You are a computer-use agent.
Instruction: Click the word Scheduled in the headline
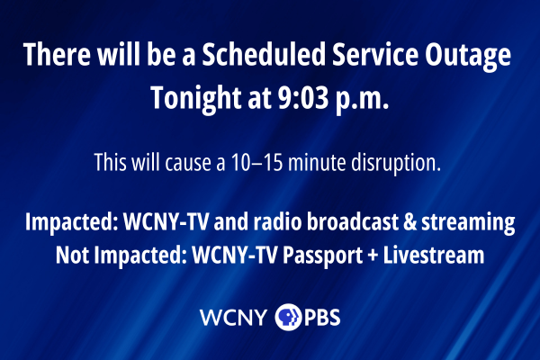pyautogui.click(x=264, y=54)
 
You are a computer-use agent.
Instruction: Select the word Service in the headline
pyautogui.click(x=375, y=54)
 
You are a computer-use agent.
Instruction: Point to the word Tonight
pyautogui.click(x=195, y=99)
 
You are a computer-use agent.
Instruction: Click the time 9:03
pyautogui.click(x=303, y=97)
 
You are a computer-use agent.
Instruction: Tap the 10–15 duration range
pyautogui.click(x=256, y=162)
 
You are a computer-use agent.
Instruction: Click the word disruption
pyautogui.click(x=396, y=163)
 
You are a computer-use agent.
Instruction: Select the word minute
pyautogui.click(x=317, y=162)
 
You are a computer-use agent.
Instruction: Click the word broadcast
pyautogui.click(x=352, y=221)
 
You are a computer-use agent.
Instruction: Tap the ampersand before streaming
pyautogui.click(x=409, y=222)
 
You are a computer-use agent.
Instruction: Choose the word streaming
pyautogui.click(x=468, y=223)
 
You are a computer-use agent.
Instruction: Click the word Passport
pyautogui.click(x=322, y=256)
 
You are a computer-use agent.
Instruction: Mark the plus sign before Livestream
pyautogui.click(x=373, y=256)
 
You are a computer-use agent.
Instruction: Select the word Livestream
pyautogui.click(x=434, y=255)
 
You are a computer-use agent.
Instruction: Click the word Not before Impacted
pyautogui.click(x=72, y=256)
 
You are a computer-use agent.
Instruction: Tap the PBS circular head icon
pyautogui.click(x=288, y=317)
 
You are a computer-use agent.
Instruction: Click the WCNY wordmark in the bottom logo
pyautogui.click(x=233, y=318)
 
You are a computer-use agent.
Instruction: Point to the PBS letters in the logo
pyautogui.click(x=322, y=318)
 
